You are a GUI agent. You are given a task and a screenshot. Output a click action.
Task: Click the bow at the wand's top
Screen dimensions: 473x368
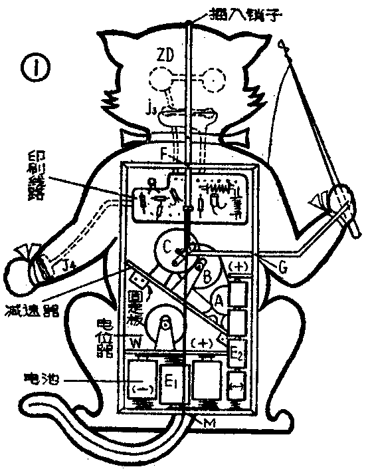[284, 47]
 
